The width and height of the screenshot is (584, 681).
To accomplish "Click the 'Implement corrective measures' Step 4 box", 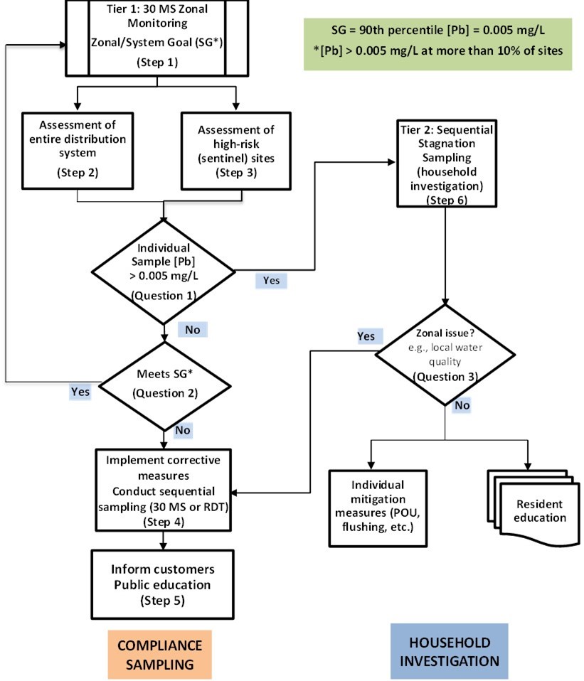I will click(165, 490).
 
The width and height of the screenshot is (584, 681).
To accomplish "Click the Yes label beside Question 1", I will click(271, 280).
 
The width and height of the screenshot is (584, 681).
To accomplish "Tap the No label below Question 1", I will click(192, 329).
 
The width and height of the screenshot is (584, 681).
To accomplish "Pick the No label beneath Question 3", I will click(462, 406).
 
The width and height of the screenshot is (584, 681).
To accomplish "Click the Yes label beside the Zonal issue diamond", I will click(366, 335).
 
